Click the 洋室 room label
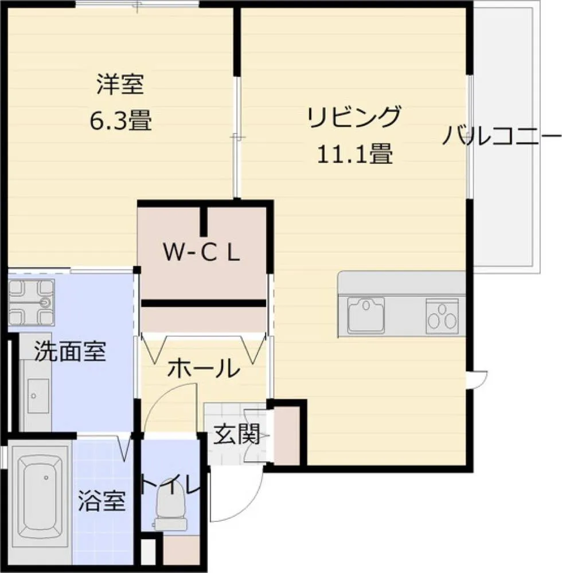coord(120,84)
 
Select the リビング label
coord(354,116)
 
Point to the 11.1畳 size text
coord(354,153)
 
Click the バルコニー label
coord(502,135)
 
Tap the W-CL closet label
coord(201,253)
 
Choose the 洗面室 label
coord(70,351)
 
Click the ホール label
coord(204,368)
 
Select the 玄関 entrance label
coord(237,434)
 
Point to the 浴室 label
coord(102,500)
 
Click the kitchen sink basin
coord(366,315)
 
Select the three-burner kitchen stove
coord(442,316)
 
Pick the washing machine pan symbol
coord(32,302)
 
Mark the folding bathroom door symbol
coord(124,446)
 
